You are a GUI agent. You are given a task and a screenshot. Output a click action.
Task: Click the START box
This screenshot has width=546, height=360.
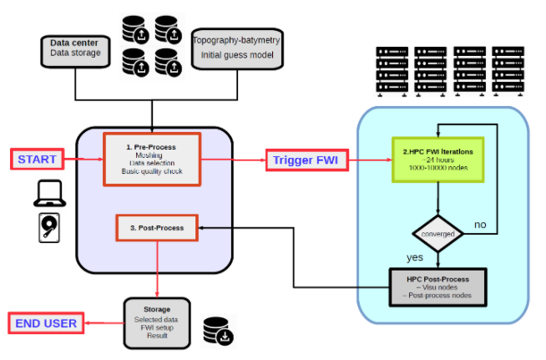pyautogui.click(x=37, y=159)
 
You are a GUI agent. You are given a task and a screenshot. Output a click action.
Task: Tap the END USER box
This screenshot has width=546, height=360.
pyautogui.click(x=47, y=323)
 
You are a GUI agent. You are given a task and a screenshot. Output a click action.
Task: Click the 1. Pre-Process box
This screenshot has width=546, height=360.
pyautogui.click(x=152, y=158)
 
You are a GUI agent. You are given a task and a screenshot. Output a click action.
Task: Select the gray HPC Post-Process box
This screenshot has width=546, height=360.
pyautogui.click(x=437, y=287)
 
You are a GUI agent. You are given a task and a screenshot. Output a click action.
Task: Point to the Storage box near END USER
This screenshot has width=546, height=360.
pyautogui.click(x=158, y=322)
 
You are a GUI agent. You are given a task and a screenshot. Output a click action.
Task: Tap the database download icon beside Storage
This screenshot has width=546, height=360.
pyautogui.click(x=219, y=330)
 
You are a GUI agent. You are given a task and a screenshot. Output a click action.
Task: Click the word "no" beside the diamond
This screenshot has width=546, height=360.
pyautogui.click(x=480, y=225)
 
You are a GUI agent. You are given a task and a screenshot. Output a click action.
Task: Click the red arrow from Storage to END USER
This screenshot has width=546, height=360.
pyautogui.click(x=104, y=323)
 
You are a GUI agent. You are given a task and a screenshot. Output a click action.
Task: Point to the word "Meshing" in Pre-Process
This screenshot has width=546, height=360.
pyautogui.click(x=151, y=155)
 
